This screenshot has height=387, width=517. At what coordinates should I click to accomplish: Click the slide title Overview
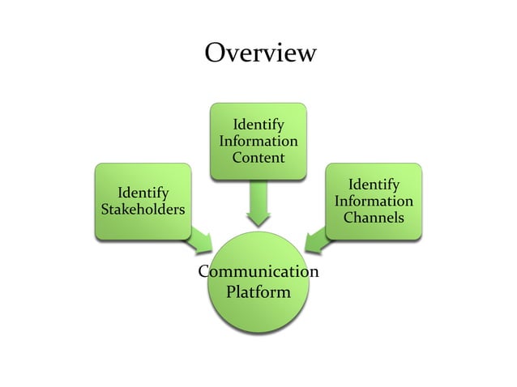click(x=259, y=53)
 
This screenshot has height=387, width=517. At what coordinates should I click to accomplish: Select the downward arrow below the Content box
click(x=258, y=204)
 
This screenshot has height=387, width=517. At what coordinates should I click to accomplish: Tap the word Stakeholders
click(x=143, y=211)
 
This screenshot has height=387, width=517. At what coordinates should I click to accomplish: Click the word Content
click(x=258, y=157)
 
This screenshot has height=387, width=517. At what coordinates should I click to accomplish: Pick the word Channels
click(x=374, y=218)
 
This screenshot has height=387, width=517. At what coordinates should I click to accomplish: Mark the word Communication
click(x=258, y=270)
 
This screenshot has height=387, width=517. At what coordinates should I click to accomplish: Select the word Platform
click(x=258, y=291)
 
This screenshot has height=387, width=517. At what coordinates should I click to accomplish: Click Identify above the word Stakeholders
click(x=143, y=193)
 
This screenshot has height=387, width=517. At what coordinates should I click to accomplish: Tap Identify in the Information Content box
click(x=258, y=125)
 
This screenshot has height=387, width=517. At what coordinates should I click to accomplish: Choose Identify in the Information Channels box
click(x=374, y=185)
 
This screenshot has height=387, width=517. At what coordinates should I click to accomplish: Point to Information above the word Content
click(x=258, y=141)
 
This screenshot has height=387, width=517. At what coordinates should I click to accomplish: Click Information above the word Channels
click(x=374, y=202)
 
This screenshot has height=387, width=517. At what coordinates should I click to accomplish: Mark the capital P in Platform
click(x=231, y=291)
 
